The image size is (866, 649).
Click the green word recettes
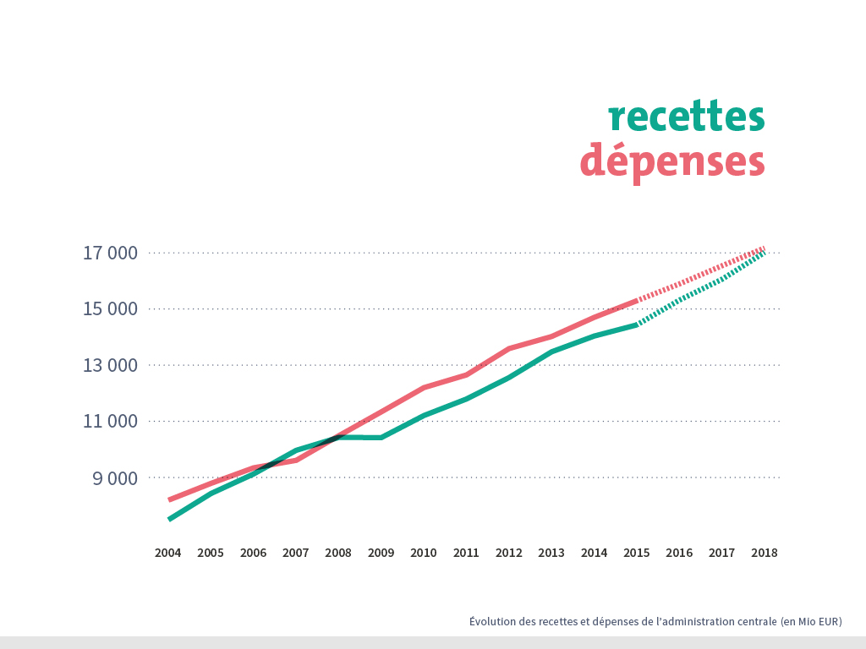[x=686, y=117]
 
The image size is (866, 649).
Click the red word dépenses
[x=672, y=161]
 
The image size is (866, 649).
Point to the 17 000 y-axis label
[x=110, y=253]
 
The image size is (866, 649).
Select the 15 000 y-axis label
[x=110, y=308]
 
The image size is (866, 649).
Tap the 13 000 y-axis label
[x=110, y=365]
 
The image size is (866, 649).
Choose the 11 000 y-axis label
[x=110, y=421]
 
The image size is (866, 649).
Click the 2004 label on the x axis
[x=167, y=553]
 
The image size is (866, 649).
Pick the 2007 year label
[x=295, y=553]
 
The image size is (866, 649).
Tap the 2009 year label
[x=381, y=553]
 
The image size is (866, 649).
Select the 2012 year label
[x=508, y=553]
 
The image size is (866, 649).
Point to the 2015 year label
[x=636, y=553]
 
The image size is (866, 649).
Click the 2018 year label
[x=764, y=553]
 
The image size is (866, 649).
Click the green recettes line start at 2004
[x=170, y=518]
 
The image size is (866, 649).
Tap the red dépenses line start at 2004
[x=170, y=499]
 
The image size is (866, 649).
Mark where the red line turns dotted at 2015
[x=636, y=300]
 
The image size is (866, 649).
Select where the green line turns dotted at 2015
[x=636, y=324]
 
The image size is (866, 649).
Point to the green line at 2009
[x=381, y=438]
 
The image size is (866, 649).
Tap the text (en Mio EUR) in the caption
[x=811, y=621]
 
